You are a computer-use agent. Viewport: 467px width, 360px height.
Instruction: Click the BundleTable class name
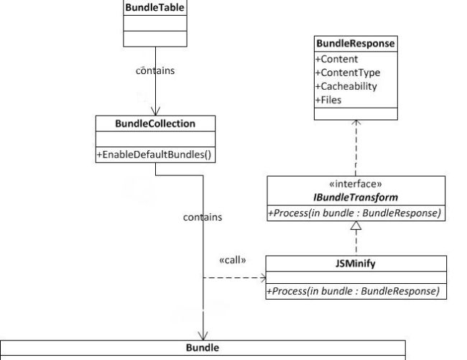[x=155, y=8]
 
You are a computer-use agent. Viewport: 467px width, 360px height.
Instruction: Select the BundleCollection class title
[x=155, y=124]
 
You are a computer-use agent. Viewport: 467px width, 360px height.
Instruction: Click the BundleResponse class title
[x=356, y=45]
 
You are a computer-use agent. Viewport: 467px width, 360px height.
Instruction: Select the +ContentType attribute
[x=347, y=73]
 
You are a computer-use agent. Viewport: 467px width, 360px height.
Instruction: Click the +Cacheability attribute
[x=346, y=86]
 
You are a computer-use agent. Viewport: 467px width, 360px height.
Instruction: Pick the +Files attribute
[x=328, y=100]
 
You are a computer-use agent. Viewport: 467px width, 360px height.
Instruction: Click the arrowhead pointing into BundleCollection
[x=155, y=111]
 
